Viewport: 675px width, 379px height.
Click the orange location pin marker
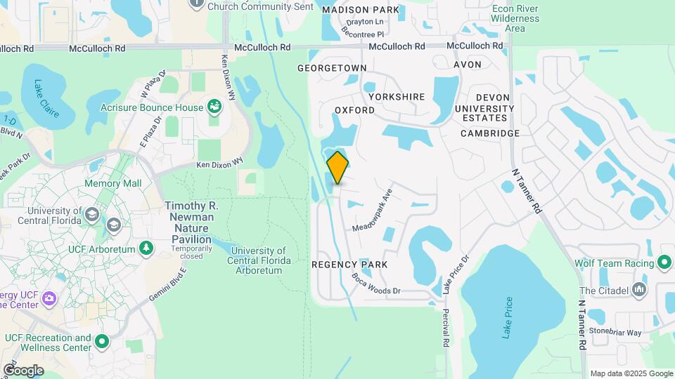337,167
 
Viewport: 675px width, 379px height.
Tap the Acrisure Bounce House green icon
214,107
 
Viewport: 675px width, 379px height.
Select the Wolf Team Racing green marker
664,263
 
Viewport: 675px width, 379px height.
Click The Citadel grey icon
639,289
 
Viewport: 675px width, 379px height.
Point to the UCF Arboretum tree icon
146,248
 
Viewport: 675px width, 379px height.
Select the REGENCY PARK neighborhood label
349,264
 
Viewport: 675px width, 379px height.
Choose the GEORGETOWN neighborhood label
332,68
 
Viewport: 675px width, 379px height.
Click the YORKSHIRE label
396,96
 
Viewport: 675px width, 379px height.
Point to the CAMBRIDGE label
490,133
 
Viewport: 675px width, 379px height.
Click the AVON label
468,64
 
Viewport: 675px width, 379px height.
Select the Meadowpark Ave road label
371,209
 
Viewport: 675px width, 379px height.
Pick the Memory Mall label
112,183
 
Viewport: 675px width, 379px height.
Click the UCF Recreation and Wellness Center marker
102,343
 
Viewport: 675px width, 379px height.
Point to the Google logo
23,370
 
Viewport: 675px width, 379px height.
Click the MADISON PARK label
361,10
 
